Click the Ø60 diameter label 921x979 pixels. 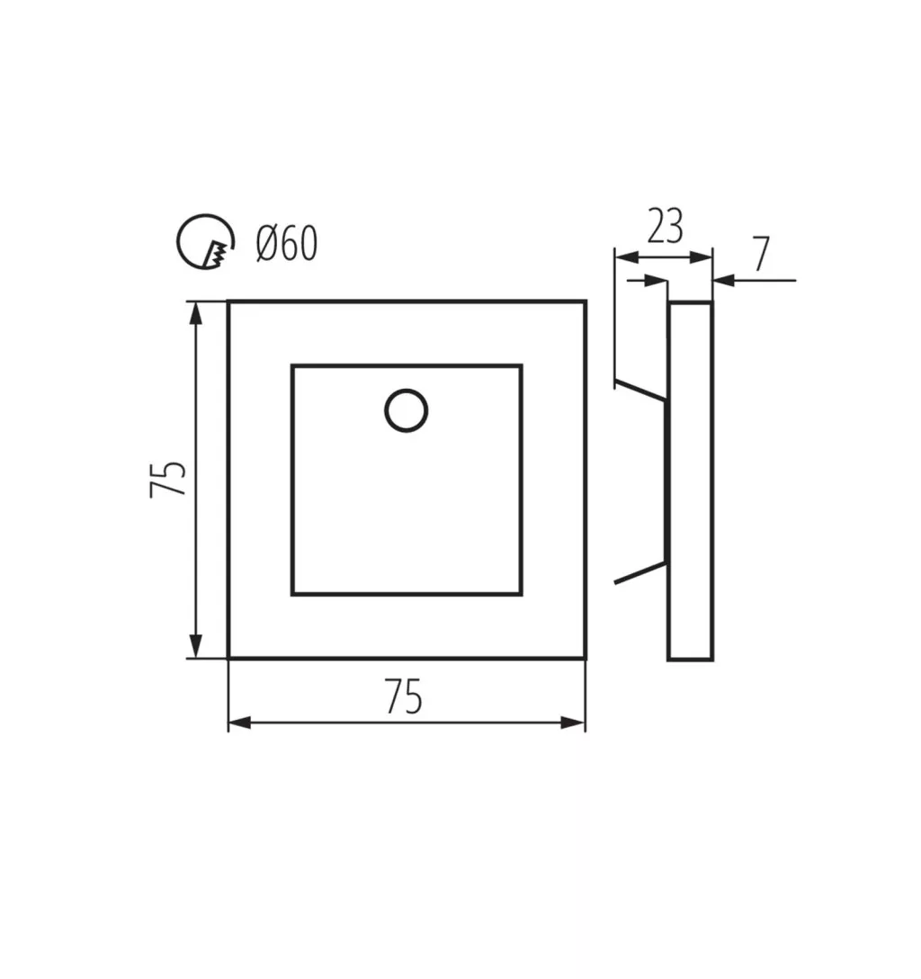tap(287, 243)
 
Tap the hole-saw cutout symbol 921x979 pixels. tap(205, 242)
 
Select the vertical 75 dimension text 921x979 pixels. tap(168, 479)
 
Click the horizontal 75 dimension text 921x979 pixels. tap(405, 696)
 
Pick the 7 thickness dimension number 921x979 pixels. tap(761, 254)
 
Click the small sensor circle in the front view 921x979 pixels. tap(407, 410)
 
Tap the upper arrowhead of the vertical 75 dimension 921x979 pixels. tap(196, 313)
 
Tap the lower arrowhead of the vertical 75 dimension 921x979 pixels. tap(196, 645)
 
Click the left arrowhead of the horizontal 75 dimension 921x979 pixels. tap(240, 723)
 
